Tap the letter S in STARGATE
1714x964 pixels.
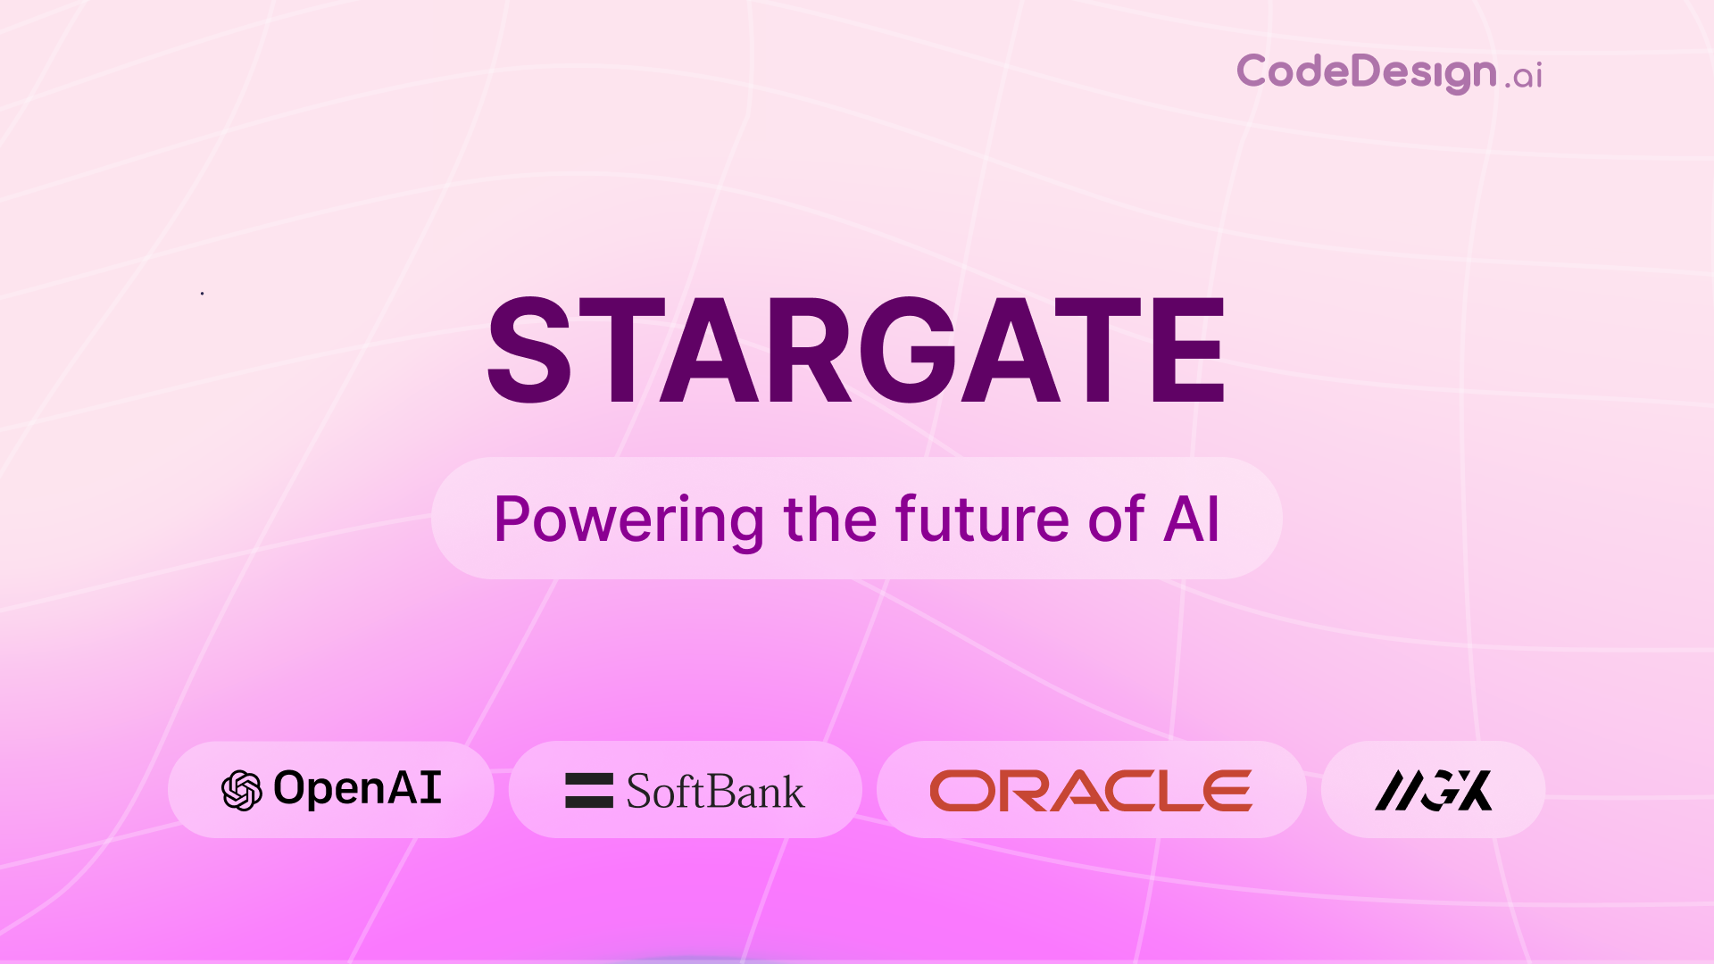pyautogui.click(x=529, y=350)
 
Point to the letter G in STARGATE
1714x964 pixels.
pyautogui.click(x=919, y=350)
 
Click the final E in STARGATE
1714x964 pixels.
pyautogui.click(x=1187, y=350)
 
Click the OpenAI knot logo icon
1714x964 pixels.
pyautogui.click(x=242, y=790)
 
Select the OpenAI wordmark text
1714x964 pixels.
pyautogui.click(x=357, y=788)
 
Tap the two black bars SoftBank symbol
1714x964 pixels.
pyautogui.click(x=589, y=790)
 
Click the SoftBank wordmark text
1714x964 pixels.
pyautogui.click(x=715, y=792)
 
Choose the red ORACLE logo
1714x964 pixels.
pyautogui.click(x=1091, y=791)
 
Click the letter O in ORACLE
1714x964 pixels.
pyautogui.click(x=962, y=791)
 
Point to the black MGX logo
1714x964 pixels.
pyautogui.click(x=1433, y=790)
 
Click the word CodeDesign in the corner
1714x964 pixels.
pyautogui.click(x=1366, y=71)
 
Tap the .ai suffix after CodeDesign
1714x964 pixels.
pyautogui.click(x=1524, y=76)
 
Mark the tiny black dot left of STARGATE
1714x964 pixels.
pyautogui.click(x=203, y=293)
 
